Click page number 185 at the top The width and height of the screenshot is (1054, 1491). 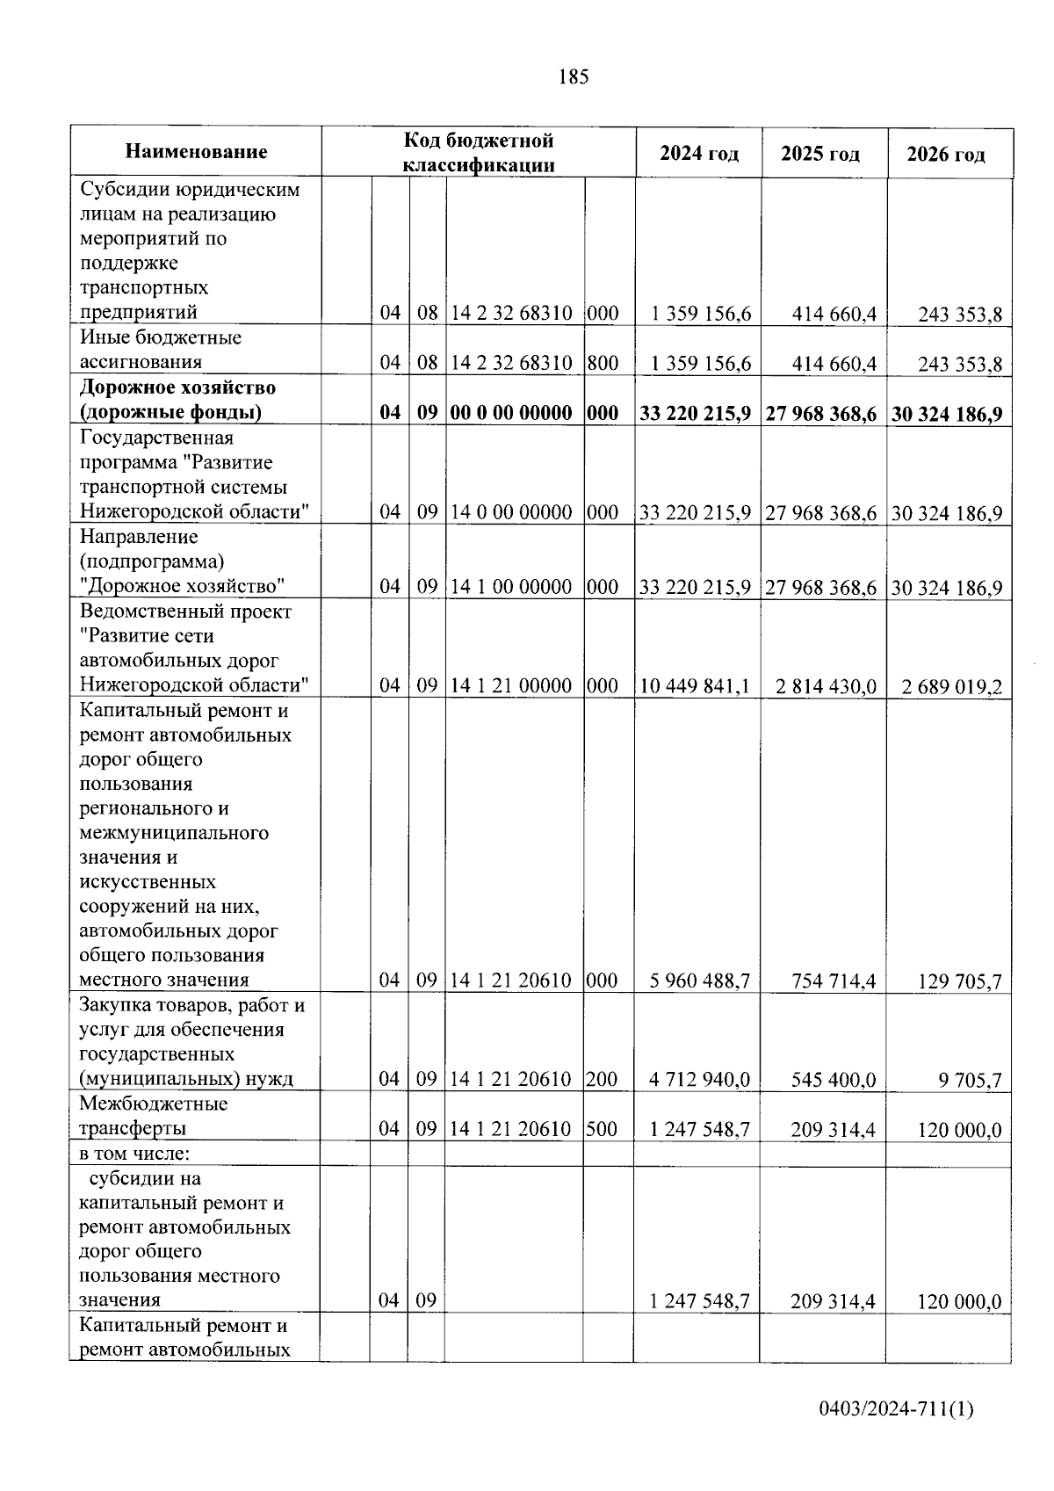click(x=573, y=77)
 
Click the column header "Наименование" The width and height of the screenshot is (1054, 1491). click(x=196, y=152)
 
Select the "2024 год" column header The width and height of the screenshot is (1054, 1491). click(x=698, y=154)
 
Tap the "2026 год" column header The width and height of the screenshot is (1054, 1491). click(x=946, y=155)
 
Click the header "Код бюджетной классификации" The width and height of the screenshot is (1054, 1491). click(x=479, y=152)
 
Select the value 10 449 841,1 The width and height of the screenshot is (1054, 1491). click(x=696, y=686)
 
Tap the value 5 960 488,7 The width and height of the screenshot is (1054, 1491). click(x=700, y=981)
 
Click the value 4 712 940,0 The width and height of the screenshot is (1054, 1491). click(x=700, y=1080)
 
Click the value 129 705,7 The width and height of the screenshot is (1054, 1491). click(x=959, y=981)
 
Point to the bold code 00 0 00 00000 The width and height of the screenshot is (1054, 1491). click(x=511, y=413)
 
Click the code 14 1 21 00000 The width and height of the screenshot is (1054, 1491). click(x=511, y=685)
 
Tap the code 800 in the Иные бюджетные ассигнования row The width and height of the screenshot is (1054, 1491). click(x=603, y=363)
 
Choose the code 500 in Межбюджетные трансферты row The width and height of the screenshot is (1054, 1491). click(x=603, y=1129)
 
